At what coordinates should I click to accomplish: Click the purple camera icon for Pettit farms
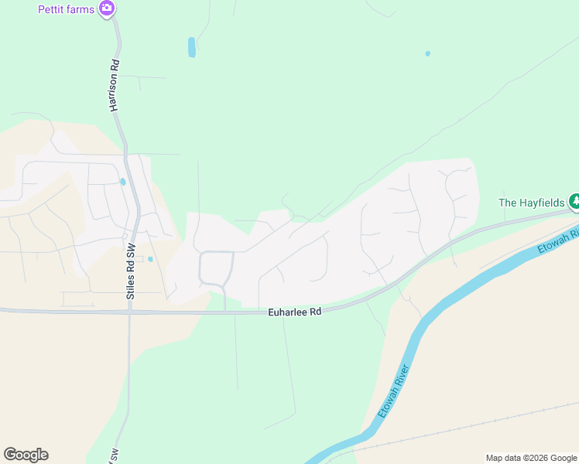coord(107,9)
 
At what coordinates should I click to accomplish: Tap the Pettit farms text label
coord(66,9)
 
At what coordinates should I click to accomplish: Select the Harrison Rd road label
coord(114,85)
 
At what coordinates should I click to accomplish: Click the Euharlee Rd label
coord(294,312)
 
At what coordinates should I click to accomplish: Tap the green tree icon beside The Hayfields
coord(574,203)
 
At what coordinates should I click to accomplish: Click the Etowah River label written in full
coord(393,391)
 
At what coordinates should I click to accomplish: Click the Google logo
coord(26,455)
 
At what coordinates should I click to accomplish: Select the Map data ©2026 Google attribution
coord(531,458)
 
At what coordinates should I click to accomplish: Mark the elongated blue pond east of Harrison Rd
coord(191,47)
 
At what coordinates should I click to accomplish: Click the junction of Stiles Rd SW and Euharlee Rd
coord(129,312)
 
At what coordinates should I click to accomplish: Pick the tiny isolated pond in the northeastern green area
coord(427,53)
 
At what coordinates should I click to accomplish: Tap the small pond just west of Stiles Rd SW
coord(122,182)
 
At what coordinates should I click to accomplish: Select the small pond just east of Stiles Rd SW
coord(150,259)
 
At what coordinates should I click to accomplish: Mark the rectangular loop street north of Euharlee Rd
coord(216,268)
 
